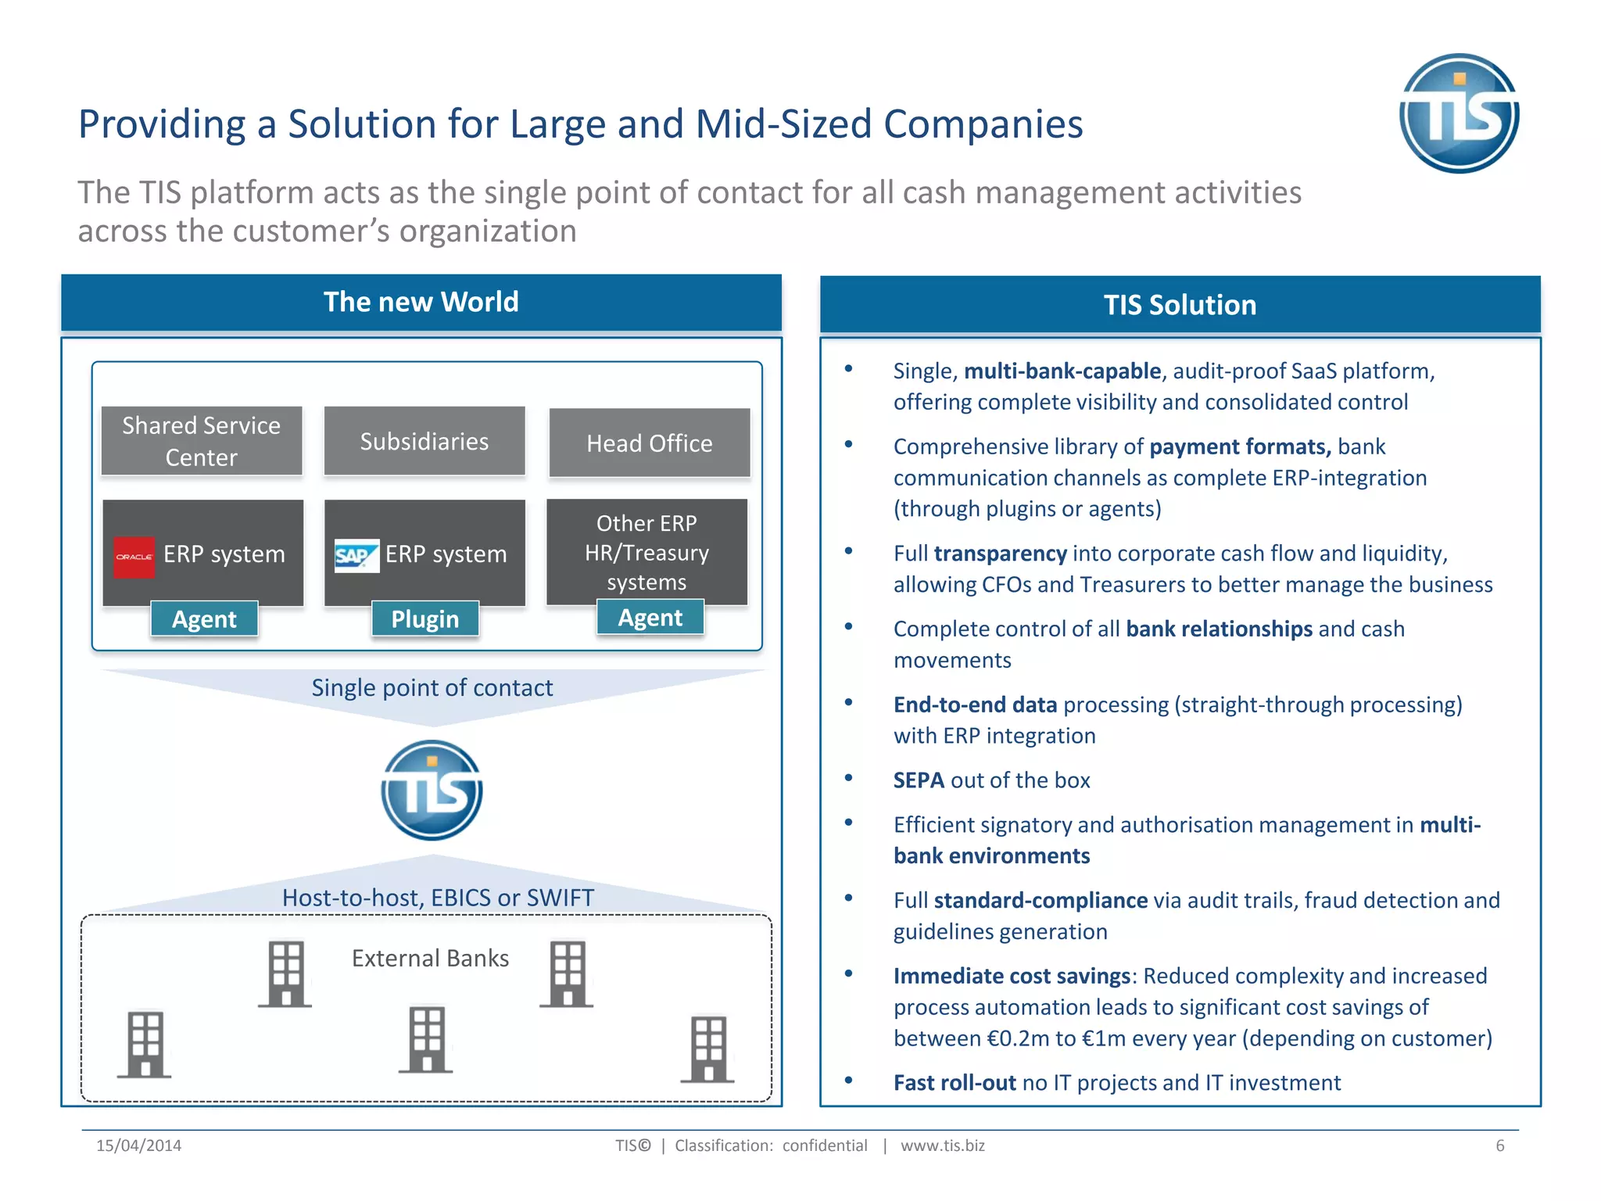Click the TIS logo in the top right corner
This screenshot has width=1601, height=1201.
(x=1459, y=113)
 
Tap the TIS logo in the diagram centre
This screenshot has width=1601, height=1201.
(x=432, y=791)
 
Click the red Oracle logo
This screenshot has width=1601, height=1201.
(x=134, y=557)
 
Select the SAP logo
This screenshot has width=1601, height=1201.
(x=356, y=556)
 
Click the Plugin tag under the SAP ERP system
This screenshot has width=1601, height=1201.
(x=424, y=618)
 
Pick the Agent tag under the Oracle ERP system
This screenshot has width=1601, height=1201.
(x=204, y=618)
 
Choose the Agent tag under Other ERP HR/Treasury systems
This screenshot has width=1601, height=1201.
(x=650, y=617)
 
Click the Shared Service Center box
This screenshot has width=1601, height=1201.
(x=202, y=441)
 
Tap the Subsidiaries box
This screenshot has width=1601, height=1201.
(x=424, y=441)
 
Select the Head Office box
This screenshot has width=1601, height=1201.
(x=650, y=443)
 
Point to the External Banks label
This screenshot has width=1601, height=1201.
(x=430, y=958)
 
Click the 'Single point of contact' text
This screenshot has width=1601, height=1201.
(x=432, y=687)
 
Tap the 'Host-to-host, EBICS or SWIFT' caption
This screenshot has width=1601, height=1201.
(x=438, y=898)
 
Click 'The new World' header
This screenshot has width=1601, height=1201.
(x=421, y=302)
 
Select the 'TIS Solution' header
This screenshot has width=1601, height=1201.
(x=1180, y=305)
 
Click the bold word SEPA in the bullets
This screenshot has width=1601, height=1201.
(x=919, y=780)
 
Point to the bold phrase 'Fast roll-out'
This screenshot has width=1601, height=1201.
(x=955, y=1083)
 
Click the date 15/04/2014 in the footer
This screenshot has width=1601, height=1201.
(x=138, y=1145)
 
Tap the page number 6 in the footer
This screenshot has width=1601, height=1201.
(x=1499, y=1145)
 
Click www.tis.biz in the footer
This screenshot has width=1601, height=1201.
(x=942, y=1145)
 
